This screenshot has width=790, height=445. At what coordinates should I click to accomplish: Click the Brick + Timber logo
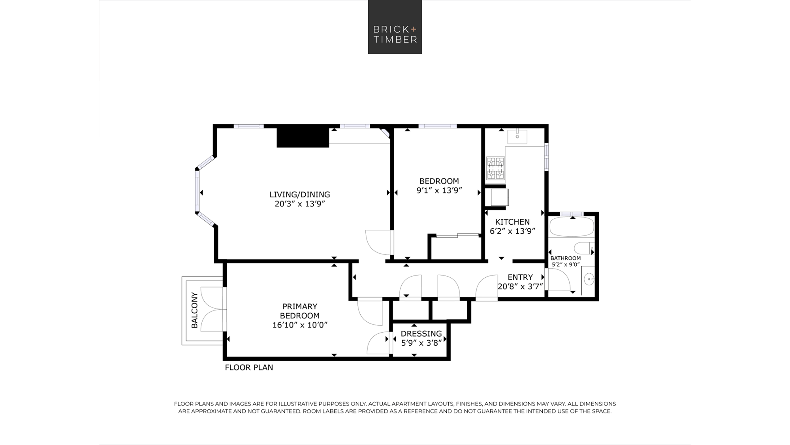(395, 27)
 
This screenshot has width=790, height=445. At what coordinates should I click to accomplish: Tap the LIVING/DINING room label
(300, 195)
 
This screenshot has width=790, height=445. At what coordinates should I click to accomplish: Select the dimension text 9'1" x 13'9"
(439, 190)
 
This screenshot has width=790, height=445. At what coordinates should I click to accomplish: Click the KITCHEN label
(512, 222)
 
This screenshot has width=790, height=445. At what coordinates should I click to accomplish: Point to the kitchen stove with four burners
(495, 168)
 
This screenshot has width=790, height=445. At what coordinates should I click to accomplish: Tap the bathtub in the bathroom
(571, 226)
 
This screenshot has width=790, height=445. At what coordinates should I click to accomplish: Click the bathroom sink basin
(589, 279)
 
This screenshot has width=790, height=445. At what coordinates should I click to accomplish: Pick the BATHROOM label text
(566, 258)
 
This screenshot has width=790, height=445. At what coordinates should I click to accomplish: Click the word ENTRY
(520, 277)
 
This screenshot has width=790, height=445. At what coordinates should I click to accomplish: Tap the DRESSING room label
(421, 334)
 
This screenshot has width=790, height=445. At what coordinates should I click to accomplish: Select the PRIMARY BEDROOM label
(300, 311)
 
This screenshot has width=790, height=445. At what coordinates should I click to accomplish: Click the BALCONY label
(194, 311)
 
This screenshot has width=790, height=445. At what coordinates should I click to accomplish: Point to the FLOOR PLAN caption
(249, 367)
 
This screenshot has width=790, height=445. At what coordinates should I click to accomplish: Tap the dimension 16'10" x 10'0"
(300, 325)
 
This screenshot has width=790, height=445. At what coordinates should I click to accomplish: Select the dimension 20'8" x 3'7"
(520, 286)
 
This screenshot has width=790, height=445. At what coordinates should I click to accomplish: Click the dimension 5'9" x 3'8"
(421, 343)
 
